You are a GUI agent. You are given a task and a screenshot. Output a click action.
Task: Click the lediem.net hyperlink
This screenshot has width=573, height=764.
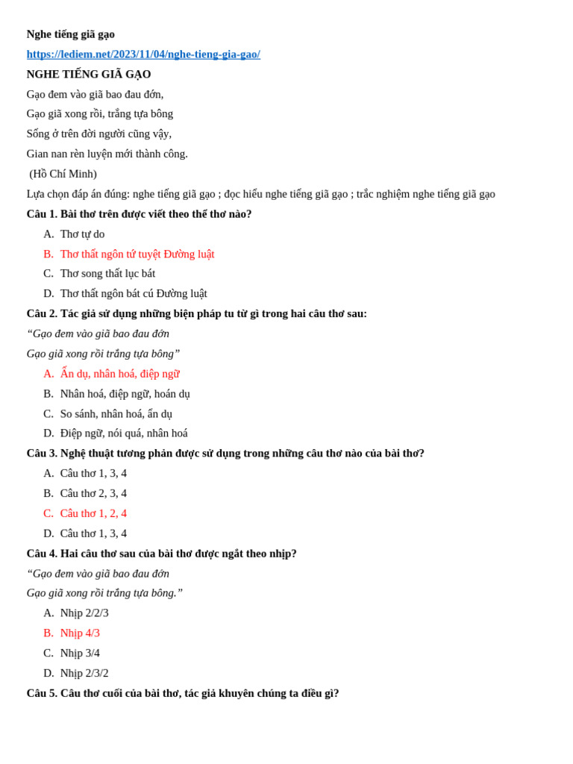(143, 54)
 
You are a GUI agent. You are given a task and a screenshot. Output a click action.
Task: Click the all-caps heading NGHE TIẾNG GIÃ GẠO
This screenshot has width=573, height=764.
(89, 75)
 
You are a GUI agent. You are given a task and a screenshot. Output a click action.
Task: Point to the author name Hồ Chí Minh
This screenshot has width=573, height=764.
(63, 174)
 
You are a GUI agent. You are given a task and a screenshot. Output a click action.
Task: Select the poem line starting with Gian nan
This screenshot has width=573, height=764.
(107, 154)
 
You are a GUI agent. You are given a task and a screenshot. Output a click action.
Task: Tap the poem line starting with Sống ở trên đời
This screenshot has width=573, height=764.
(99, 134)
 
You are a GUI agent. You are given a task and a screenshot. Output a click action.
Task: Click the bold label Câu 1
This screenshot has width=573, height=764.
(42, 214)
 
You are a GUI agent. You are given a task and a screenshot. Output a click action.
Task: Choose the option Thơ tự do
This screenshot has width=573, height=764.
(82, 234)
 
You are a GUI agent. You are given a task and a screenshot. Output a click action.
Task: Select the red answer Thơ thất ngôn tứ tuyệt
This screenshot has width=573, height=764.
(137, 254)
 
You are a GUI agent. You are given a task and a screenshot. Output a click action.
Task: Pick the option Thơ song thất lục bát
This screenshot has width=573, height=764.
(107, 274)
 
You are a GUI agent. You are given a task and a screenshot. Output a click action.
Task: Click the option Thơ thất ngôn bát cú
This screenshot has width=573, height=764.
(134, 294)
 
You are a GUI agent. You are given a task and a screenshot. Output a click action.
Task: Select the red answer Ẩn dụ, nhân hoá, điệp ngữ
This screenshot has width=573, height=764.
(119, 374)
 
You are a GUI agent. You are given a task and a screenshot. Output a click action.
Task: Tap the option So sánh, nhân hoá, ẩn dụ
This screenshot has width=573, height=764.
(116, 414)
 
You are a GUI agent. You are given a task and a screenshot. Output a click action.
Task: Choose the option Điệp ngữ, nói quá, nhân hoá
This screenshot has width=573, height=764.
(124, 433)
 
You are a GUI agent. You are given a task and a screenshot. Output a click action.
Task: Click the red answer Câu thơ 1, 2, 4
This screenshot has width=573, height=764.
(93, 513)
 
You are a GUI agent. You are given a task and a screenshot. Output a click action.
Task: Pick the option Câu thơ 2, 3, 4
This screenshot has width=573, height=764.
(93, 493)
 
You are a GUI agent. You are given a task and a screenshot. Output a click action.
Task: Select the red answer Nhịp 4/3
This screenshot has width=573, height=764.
(80, 633)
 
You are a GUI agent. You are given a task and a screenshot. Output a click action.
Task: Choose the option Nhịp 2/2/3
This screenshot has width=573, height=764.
(84, 613)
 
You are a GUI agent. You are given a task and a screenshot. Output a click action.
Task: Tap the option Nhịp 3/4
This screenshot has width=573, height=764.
(80, 654)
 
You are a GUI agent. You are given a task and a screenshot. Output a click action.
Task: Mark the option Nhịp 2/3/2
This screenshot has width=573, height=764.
(84, 674)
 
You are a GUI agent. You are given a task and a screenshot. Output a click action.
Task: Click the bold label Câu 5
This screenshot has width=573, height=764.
(42, 693)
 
